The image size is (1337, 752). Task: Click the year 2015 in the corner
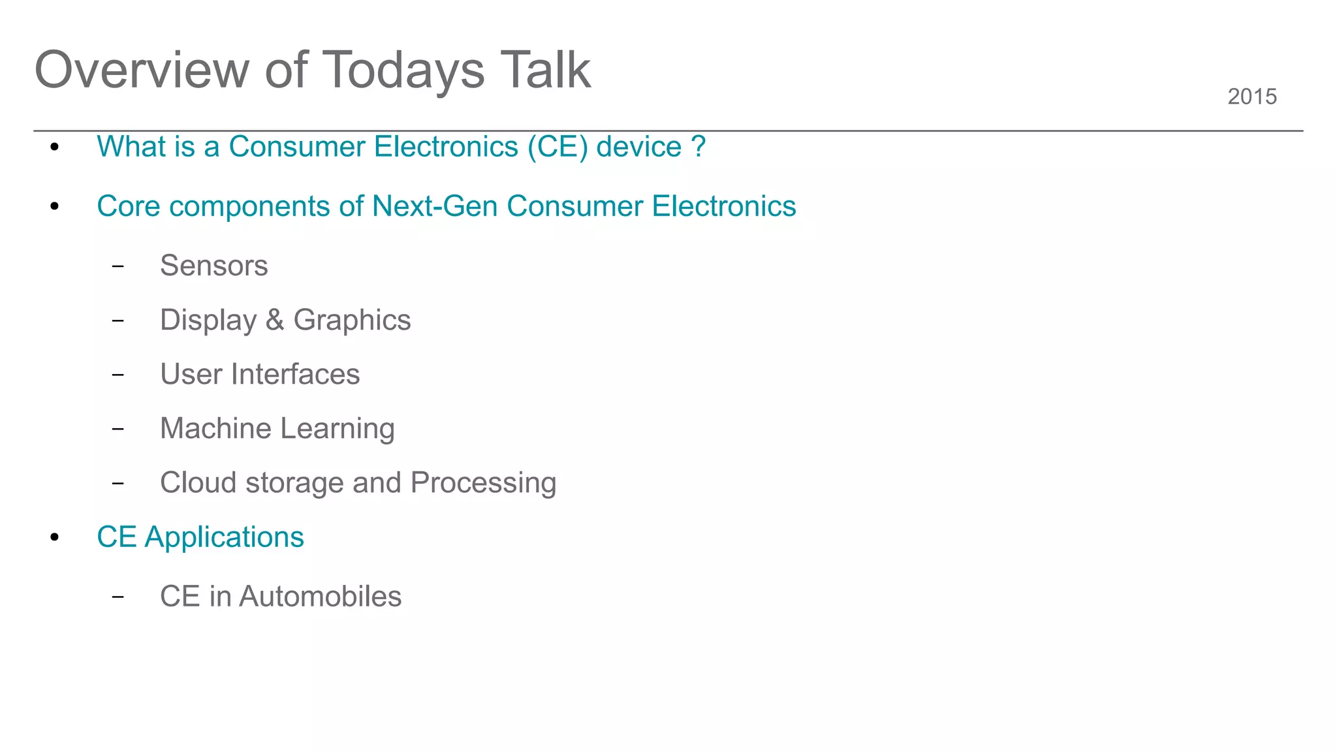pos(1251,97)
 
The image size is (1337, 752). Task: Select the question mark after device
pos(698,146)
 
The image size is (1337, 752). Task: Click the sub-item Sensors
pos(213,266)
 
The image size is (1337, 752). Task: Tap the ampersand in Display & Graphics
pos(275,320)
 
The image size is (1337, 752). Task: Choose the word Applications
pos(224,537)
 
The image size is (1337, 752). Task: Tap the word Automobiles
pos(320,596)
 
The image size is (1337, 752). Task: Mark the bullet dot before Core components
pos(55,207)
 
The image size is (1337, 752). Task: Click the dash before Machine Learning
pos(118,429)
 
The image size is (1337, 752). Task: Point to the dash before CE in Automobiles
pos(118,597)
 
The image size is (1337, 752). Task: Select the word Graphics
pos(352,321)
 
